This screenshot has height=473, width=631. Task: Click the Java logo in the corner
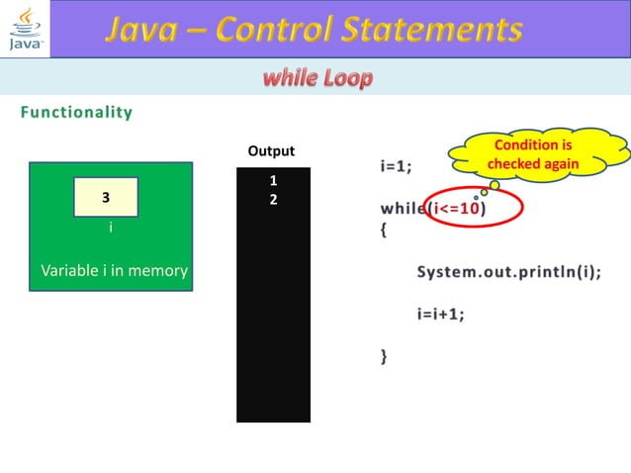(25, 30)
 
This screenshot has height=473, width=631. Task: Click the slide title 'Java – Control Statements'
(315, 30)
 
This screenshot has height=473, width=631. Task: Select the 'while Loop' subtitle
(317, 78)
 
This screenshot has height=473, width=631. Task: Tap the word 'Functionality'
(76, 112)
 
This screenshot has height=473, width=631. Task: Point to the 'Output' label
(271, 151)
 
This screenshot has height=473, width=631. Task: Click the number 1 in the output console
(273, 181)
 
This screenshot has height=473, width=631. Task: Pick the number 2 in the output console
(273, 199)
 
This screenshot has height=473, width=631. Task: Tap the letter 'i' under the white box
(110, 229)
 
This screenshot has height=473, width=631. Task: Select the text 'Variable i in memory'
(114, 270)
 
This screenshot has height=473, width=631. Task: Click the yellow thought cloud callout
(533, 154)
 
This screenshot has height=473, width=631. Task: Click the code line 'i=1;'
(396, 165)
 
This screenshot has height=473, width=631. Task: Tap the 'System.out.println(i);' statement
(507, 272)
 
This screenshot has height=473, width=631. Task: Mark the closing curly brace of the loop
(385, 355)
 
